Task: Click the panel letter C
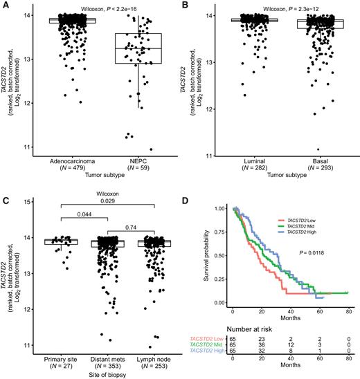(5, 198)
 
